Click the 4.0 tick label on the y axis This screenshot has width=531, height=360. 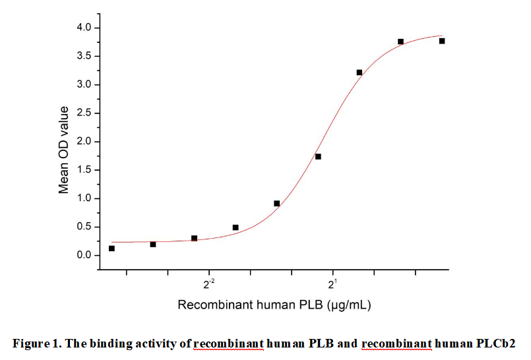pos(83,28)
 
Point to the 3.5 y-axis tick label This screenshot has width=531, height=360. pos(83,56)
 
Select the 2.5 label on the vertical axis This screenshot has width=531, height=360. pos(83,113)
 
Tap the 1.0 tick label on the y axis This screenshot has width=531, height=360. pos(83,198)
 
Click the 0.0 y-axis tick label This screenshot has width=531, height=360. pos(83,255)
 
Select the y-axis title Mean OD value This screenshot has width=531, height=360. pos(64,150)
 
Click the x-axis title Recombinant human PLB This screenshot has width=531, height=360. pos(251,305)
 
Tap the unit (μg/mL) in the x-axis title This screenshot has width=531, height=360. pos(352,305)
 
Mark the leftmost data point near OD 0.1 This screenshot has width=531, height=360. pos(111,249)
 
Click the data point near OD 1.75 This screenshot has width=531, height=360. pos(318,156)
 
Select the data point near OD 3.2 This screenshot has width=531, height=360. pos(359,72)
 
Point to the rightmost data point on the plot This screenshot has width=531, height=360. pos(442,41)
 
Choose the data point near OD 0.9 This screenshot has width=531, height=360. pos(276,203)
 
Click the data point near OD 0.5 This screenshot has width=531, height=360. pos(235,227)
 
